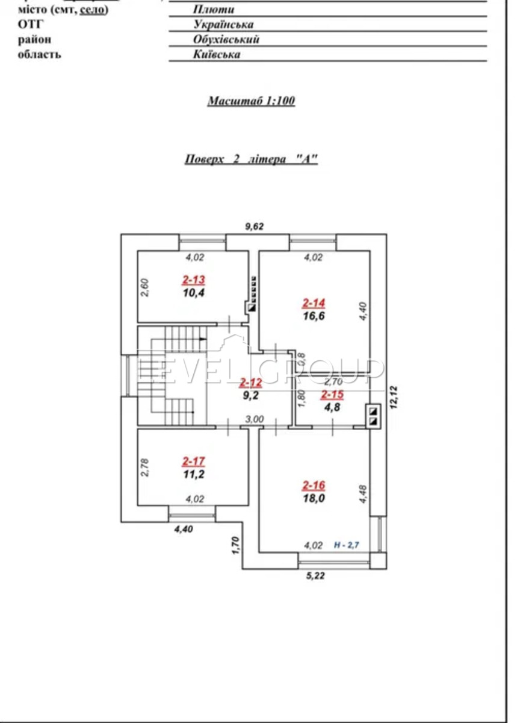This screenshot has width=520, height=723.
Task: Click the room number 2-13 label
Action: (x=193, y=280)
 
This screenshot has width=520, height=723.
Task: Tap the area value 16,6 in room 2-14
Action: (x=314, y=316)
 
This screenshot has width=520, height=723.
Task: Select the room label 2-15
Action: (x=332, y=395)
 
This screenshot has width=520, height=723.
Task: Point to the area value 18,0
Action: (x=314, y=498)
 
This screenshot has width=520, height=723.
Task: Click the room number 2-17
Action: (x=193, y=462)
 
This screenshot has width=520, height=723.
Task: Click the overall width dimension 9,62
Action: (x=255, y=227)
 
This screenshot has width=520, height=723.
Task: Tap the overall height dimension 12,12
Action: (x=394, y=397)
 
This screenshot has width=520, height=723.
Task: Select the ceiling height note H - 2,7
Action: (x=346, y=545)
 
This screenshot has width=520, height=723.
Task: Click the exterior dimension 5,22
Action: (x=315, y=575)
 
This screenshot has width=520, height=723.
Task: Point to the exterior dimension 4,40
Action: (x=184, y=529)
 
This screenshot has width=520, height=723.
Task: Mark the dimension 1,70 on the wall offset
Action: (x=236, y=545)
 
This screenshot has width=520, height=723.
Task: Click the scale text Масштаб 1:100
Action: (x=251, y=101)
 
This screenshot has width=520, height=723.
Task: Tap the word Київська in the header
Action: (x=217, y=54)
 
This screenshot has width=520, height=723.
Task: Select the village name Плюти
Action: (x=214, y=10)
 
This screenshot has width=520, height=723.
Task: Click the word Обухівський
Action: (x=226, y=39)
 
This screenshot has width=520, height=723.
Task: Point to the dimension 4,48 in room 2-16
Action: (x=363, y=494)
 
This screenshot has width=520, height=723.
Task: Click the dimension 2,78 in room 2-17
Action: (x=145, y=468)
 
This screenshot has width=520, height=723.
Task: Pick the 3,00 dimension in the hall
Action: (x=255, y=419)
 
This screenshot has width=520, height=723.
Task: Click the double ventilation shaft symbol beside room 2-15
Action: (x=373, y=416)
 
